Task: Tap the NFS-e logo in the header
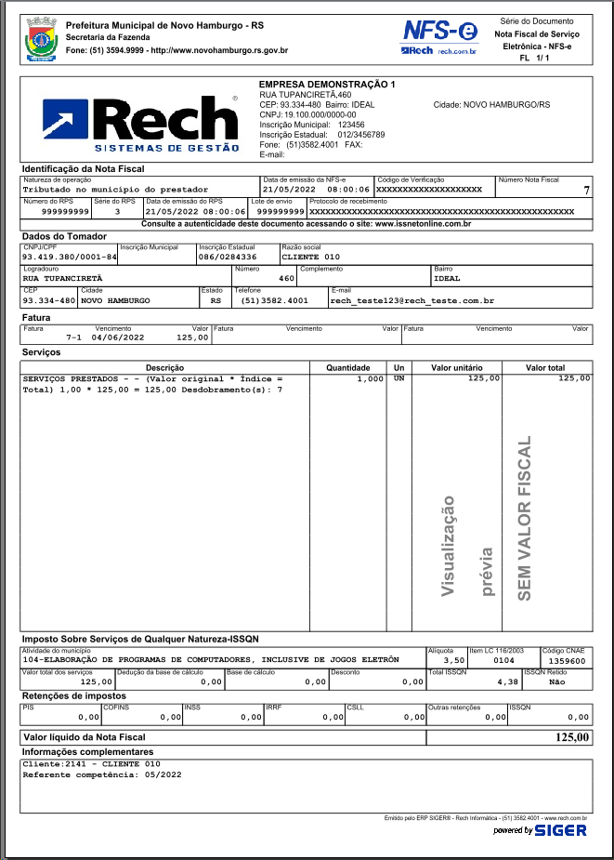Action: (441, 35)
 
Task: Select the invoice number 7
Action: (586, 190)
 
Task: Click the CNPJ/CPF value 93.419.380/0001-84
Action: (70, 257)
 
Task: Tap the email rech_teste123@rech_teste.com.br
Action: (412, 301)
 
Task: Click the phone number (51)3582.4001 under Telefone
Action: (274, 301)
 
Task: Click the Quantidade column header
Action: (347, 368)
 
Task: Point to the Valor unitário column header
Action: (455, 368)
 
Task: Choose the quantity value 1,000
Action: (370, 379)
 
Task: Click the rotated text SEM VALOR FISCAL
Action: (525, 517)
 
